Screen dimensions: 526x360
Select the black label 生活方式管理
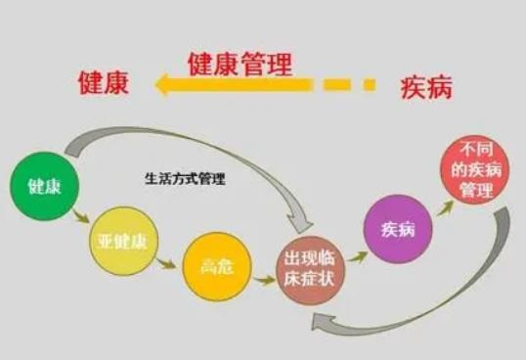pyautogui.click(x=184, y=181)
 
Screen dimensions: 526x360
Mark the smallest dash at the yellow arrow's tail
pyautogui.click(x=369, y=86)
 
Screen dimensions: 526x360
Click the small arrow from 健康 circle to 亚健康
pyautogui.click(x=80, y=217)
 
